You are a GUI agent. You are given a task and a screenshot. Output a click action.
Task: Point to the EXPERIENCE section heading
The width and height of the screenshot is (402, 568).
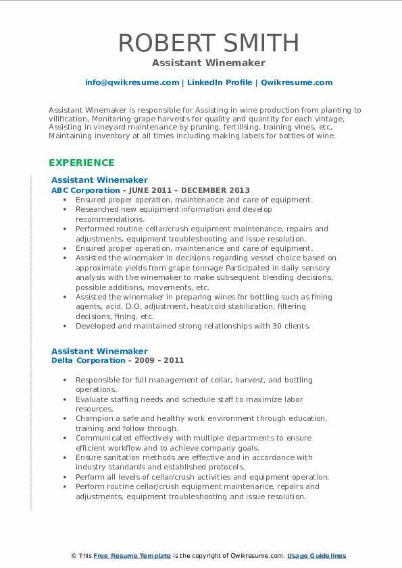tap(81, 163)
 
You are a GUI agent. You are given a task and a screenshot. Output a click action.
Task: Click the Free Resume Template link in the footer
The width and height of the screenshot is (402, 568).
tap(132, 556)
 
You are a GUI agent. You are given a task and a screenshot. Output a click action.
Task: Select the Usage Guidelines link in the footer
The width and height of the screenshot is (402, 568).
tap(316, 556)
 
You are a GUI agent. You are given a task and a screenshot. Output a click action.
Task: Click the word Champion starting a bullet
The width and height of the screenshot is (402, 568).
tap(95, 418)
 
